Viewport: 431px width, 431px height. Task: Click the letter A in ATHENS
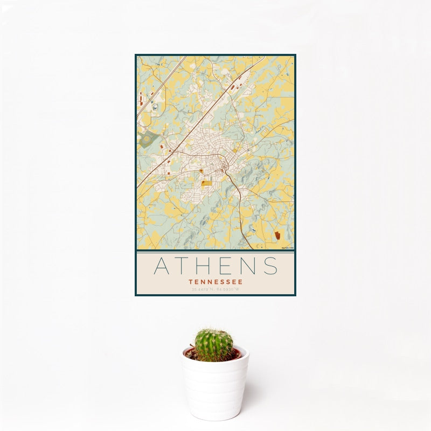[x=163, y=266]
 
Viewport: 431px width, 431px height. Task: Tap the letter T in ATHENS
[x=186, y=266]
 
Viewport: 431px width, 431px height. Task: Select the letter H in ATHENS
[x=208, y=266]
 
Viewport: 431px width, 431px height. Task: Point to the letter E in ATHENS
[x=231, y=266]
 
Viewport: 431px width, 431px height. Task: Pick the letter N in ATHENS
[x=251, y=266]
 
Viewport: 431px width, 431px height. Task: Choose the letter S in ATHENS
[x=272, y=266]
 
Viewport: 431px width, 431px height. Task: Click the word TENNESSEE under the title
[x=215, y=281]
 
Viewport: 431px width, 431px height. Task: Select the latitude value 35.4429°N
[x=203, y=290]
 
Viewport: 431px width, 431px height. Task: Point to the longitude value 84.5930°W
[x=228, y=290]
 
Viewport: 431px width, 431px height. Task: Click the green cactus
[x=214, y=345]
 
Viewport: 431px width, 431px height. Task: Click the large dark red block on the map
[x=277, y=235]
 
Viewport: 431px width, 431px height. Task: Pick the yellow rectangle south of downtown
[x=207, y=184]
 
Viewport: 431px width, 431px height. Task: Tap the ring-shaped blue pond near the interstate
[x=155, y=108]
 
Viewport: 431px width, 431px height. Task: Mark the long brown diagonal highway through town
[x=183, y=140]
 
